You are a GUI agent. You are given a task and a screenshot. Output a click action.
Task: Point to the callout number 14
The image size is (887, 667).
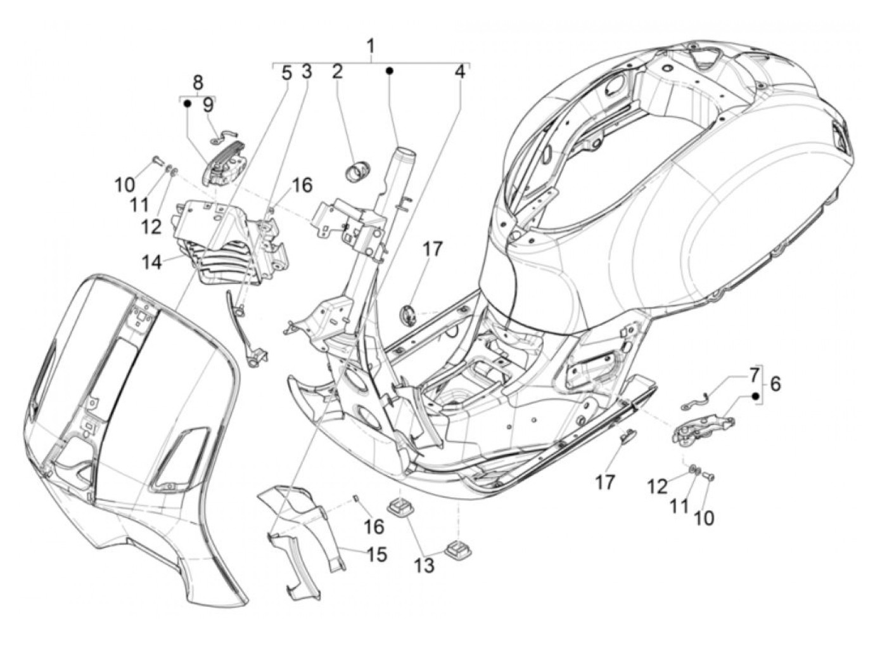(x=152, y=262)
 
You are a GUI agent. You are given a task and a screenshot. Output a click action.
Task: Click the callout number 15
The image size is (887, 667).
(x=376, y=554)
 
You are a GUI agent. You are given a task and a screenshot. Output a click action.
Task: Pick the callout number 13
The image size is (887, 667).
(x=424, y=565)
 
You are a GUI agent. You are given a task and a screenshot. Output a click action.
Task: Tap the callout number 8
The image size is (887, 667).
(x=198, y=83)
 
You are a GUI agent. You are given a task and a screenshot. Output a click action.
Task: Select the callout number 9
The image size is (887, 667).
(x=208, y=105)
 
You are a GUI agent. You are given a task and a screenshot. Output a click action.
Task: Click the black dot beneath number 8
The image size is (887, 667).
(x=187, y=104)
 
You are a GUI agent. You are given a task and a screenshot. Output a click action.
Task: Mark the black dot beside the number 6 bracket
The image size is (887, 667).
(x=754, y=396)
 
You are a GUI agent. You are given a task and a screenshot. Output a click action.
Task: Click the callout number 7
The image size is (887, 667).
(x=753, y=376)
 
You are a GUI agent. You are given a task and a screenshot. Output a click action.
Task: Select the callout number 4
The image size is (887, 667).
(x=459, y=72)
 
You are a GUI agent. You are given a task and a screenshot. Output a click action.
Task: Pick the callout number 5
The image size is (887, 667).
(x=286, y=74)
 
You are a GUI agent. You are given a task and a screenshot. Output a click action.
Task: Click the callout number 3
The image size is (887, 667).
(x=307, y=72)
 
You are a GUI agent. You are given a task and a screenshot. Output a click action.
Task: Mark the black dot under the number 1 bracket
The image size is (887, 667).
(x=389, y=71)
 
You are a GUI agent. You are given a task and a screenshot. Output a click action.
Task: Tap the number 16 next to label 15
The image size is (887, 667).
(x=374, y=526)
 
